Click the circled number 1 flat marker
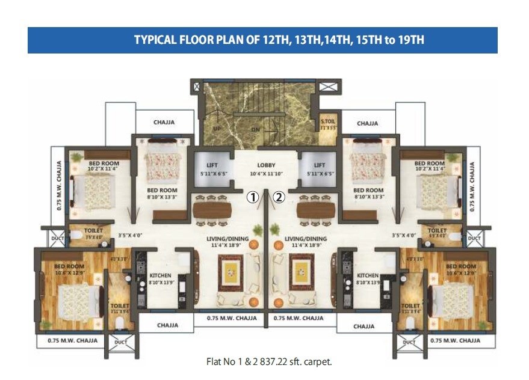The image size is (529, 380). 254,197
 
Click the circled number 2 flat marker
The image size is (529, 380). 279,197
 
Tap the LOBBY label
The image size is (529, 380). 266,165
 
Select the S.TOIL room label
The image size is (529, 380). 329,122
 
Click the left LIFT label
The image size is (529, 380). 212,165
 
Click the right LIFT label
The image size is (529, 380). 320,165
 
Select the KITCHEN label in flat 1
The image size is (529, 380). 160,275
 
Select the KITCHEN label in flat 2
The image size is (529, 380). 368,275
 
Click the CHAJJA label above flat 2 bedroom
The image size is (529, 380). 367,123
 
